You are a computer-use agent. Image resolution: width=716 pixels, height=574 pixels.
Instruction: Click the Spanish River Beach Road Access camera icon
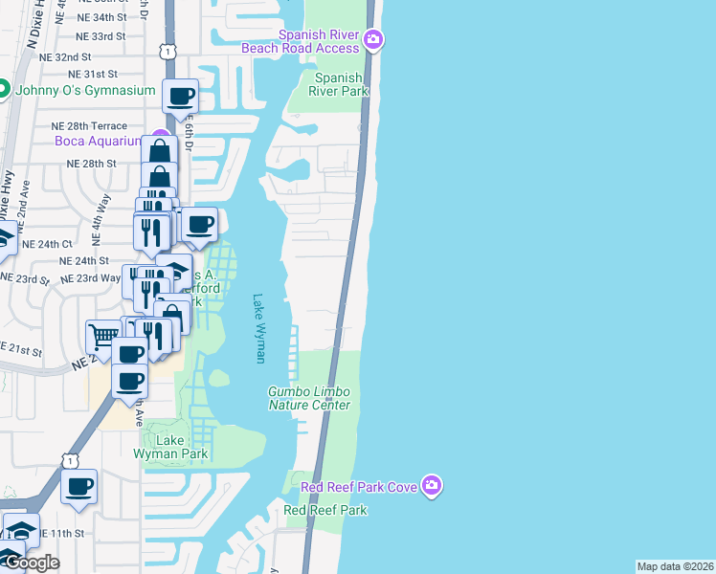(x=373, y=40)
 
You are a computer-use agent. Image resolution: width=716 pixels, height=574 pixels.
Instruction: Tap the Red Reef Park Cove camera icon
(x=432, y=486)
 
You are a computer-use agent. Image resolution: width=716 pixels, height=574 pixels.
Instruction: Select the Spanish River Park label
(x=339, y=85)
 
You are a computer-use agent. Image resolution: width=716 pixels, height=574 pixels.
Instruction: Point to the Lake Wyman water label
(x=257, y=328)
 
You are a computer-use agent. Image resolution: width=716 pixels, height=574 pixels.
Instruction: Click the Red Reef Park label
(x=325, y=510)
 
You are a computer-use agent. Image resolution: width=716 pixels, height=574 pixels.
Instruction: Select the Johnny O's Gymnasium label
(x=84, y=90)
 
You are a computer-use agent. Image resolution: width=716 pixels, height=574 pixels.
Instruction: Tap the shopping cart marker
(x=102, y=335)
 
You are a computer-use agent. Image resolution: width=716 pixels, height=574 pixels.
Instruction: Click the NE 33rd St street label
(x=101, y=36)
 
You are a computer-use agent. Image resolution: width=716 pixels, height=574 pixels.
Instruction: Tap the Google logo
(x=31, y=563)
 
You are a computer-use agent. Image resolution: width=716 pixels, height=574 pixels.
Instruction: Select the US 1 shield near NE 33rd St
(x=168, y=50)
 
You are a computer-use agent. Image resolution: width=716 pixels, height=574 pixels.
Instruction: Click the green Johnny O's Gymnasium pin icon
(x=5, y=90)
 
